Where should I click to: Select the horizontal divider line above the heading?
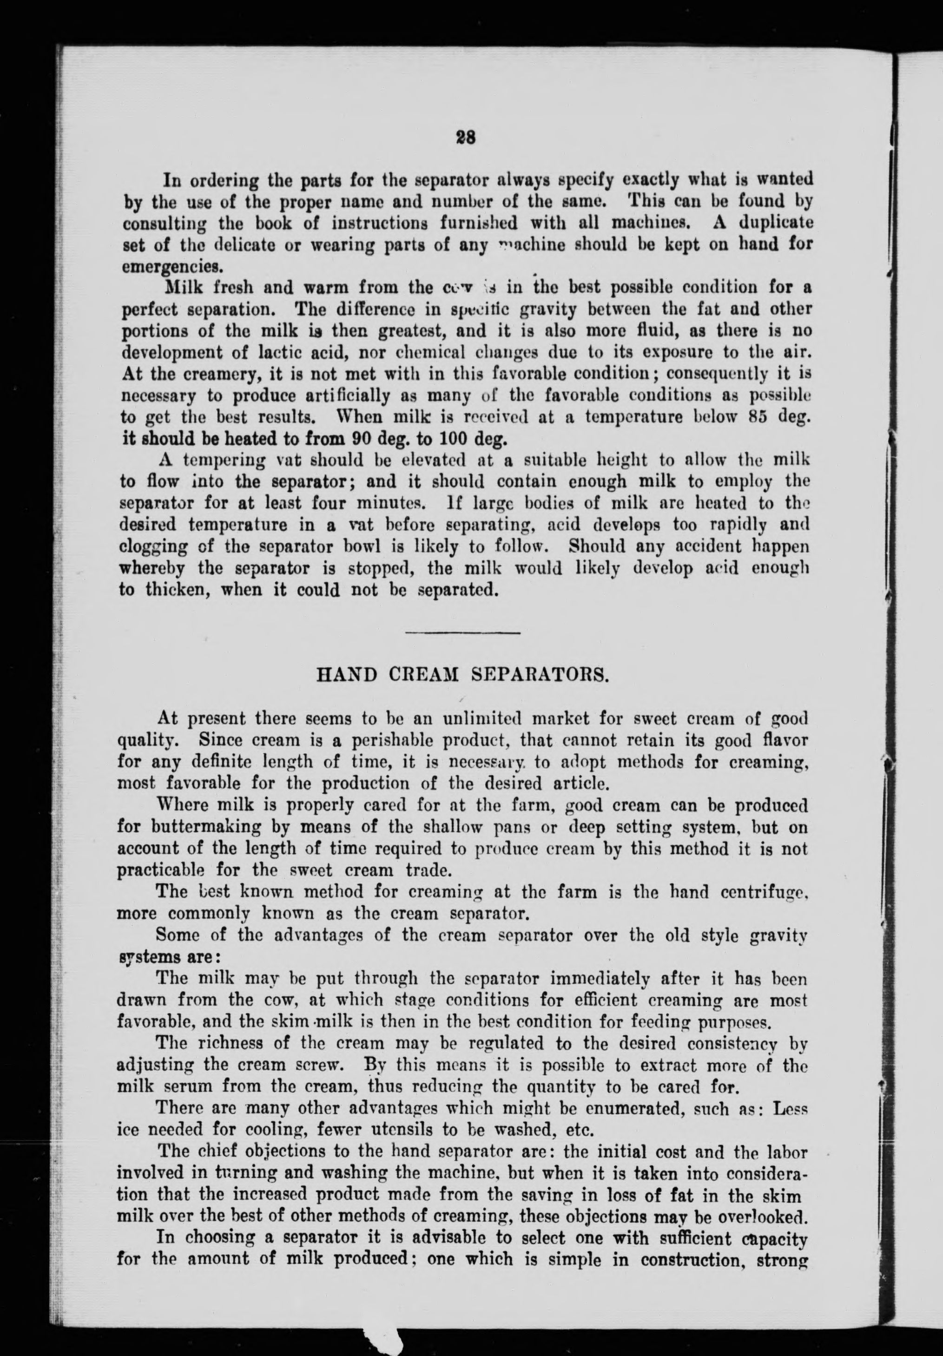[462, 633]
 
